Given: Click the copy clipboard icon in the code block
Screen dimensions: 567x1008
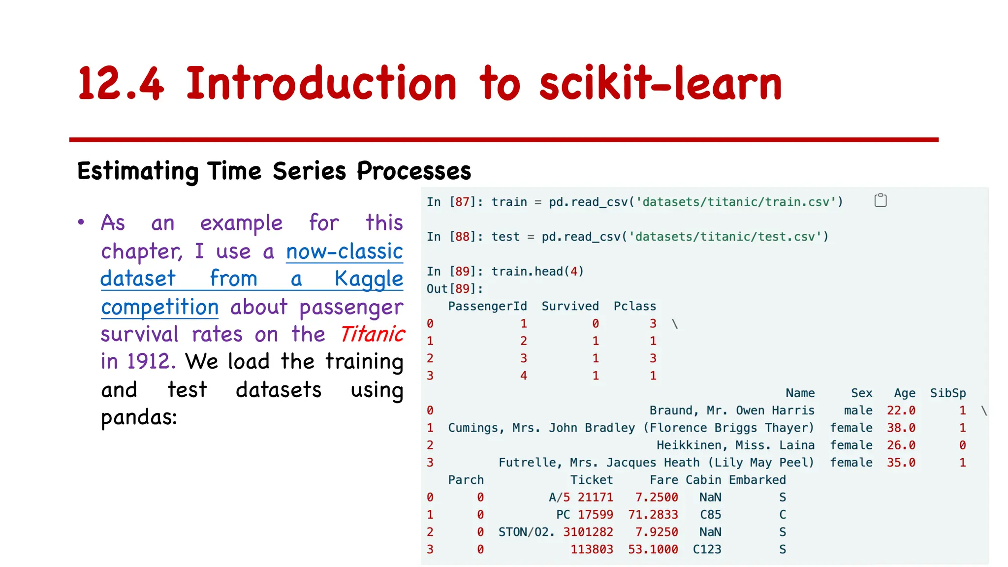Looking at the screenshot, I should click(880, 200).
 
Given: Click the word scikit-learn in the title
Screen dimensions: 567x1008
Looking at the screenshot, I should click(661, 84).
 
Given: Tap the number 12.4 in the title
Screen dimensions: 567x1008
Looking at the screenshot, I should click(121, 84).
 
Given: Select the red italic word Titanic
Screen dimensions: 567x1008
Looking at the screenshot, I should click(372, 334).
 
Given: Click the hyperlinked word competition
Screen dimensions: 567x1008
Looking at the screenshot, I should click(159, 307).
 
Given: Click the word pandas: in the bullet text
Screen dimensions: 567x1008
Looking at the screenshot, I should click(139, 417).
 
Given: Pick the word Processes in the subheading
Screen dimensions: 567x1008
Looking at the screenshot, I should click(414, 171).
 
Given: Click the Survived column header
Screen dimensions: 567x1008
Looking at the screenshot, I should click(570, 306).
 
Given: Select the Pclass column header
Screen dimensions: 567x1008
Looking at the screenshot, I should click(634, 306).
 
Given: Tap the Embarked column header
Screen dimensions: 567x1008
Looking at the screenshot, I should click(757, 480).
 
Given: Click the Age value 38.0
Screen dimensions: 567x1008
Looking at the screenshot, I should click(901, 428).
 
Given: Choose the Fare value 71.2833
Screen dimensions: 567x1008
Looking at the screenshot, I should click(653, 515).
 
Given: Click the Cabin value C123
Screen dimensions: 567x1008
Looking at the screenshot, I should click(707, 549).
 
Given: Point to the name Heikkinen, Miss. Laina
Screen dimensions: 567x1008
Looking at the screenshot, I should click(735, 445).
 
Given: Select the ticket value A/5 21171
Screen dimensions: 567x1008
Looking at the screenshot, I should click(581, 498).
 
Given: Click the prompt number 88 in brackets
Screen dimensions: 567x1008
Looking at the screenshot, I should click(462, 237).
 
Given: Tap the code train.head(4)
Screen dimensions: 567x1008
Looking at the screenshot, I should click(537, 272).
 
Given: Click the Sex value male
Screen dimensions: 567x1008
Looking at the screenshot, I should click(858, 410).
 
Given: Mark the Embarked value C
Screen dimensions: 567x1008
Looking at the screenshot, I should click(783, 515).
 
